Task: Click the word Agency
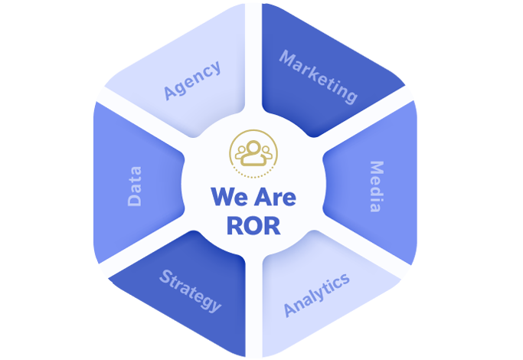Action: coord(193,80)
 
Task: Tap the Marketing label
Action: coord(319,77)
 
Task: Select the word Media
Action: coord(376,186)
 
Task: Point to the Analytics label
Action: coord(317,293)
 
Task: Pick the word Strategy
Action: coord(191,290)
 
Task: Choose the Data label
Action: coord(135,187)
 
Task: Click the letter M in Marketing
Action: coord(287,58)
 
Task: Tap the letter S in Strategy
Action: coord(165,276)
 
